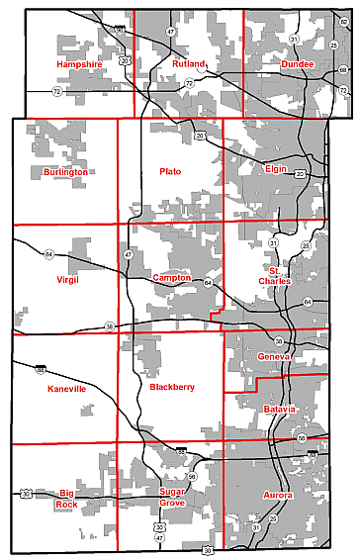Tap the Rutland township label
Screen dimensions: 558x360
187,63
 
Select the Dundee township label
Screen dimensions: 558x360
298,63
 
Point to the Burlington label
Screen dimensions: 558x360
65,172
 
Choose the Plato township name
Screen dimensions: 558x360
170,172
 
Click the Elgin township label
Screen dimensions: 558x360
276,169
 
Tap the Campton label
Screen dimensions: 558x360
171,279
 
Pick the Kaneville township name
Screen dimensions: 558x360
67,390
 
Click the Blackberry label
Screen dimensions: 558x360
172,388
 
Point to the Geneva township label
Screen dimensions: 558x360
272,356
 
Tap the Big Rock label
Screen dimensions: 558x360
66,499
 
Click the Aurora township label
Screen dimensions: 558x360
278,494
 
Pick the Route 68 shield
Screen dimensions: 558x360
342,70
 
